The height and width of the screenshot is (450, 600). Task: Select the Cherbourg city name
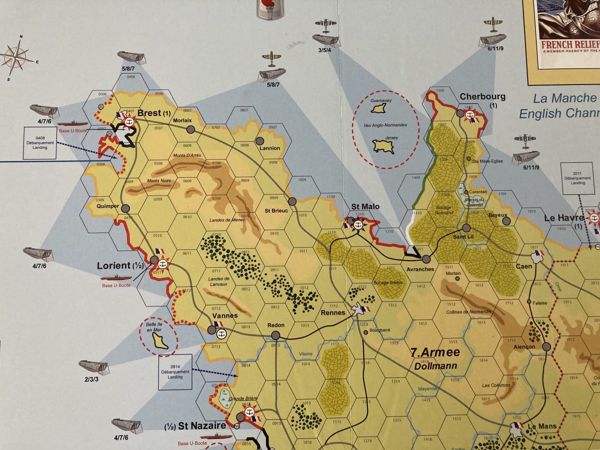click(x=482, y=96)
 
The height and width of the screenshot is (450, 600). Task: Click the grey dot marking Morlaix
click(x=190, y=130)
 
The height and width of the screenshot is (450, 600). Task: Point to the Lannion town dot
click(x=260, y=141)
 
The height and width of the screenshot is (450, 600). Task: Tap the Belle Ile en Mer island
click(x=160, y=340)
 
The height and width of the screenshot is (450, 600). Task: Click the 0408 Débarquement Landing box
click(x=40, y=143)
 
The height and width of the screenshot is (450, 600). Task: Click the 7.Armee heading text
click(x=435, y=352)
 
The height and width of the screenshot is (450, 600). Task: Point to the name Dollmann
click(x=435, y=365)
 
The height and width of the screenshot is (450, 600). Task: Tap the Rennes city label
click(x=333, y=313)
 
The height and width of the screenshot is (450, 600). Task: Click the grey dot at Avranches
click(x=426, y=259)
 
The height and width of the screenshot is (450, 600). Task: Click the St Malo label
click(x=365, y=207)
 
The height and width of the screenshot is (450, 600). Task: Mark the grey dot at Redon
click(x=275, y=335)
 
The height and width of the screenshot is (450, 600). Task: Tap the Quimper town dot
click(x=126, y=209)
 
